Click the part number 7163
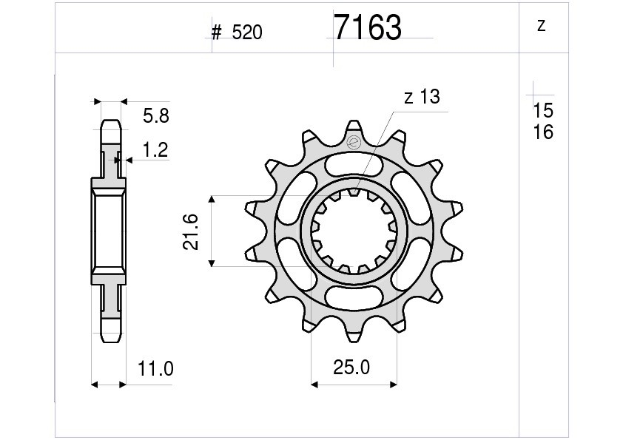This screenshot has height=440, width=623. tap(368, 27)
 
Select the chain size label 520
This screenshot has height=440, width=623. tap(247, 33)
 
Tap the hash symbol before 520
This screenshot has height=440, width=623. tap(216, 33)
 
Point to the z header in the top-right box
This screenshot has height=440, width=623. tap(541, 26)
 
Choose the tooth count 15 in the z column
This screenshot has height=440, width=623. tap(543, 110)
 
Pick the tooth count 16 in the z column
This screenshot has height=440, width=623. tap(543, 132)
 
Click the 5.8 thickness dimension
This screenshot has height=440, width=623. tap(156, 116)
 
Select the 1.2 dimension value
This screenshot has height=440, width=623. tap(155, 149)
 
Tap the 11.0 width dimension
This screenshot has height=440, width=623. tap(155, 369)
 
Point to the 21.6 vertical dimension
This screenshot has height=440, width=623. tap(190, 231)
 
